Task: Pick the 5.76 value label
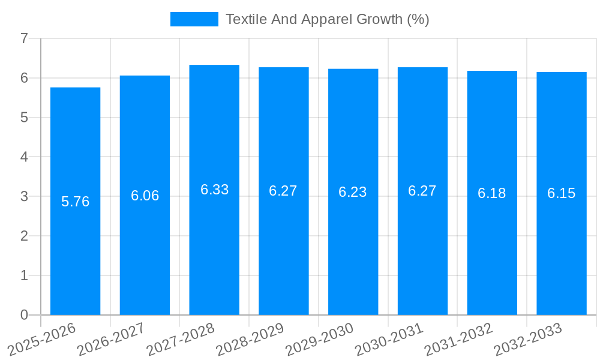click(x=76, y=202)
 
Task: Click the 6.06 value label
click(x=145, y=196)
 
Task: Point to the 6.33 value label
click(x=214, y=190)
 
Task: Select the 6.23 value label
click(x=353, y=192)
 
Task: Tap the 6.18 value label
click(x=492, y=193)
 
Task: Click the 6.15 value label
click(x=562, y=193)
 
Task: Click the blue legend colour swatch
click(x=194, y=19)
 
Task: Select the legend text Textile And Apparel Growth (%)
click(x=327, y=19)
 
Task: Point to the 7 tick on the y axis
click(x=24, y=38)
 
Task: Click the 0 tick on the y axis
click(x=24, y=315)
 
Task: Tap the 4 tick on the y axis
click(x=24, y=157)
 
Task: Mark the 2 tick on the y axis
click(x=24, y=236)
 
